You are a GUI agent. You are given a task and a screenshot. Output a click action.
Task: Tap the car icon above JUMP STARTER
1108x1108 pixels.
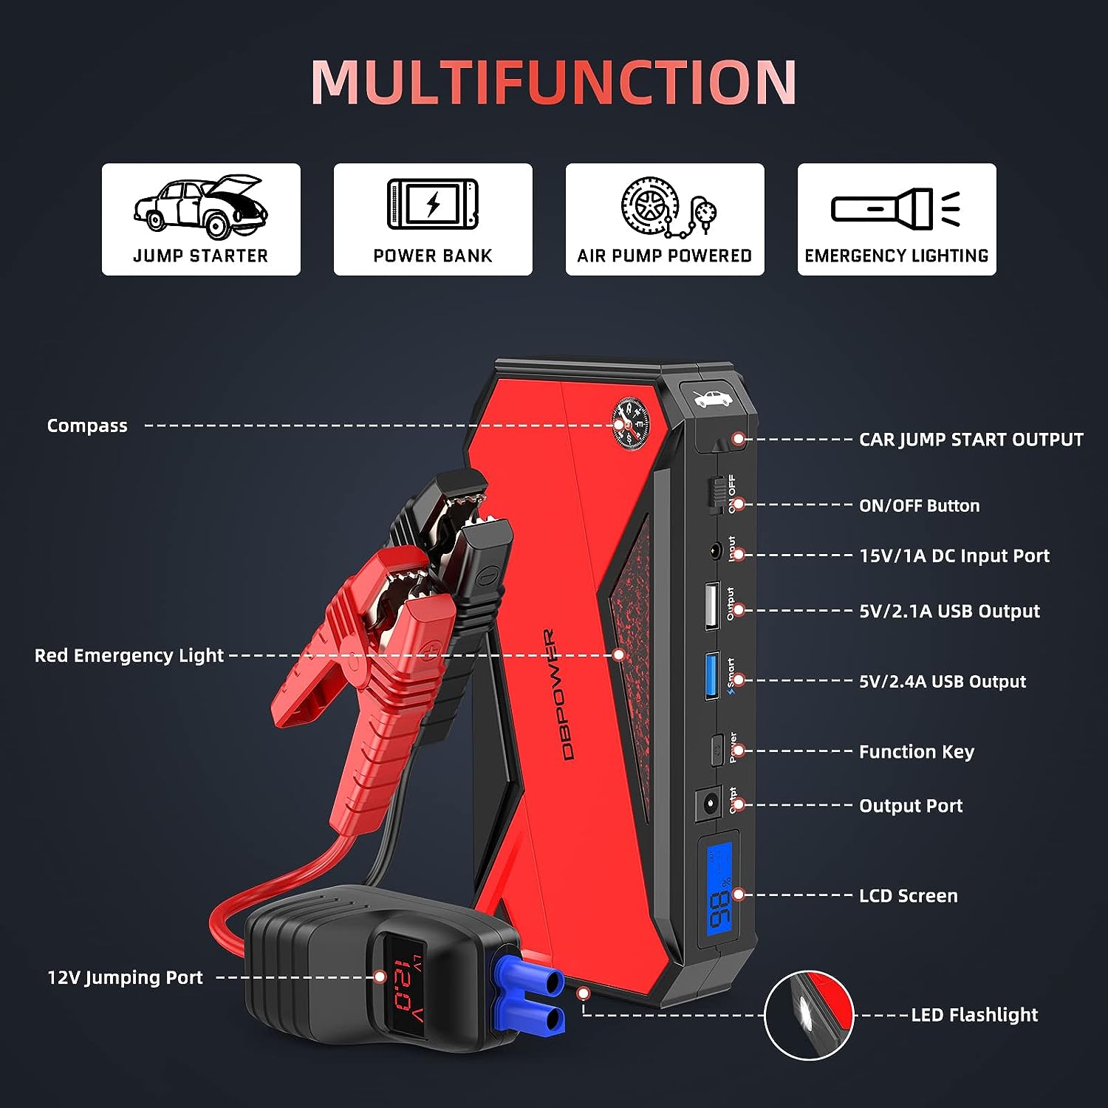201,206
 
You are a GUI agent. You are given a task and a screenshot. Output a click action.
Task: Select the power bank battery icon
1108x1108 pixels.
433,204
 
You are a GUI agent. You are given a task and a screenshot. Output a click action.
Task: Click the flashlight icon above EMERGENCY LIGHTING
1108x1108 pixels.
895,208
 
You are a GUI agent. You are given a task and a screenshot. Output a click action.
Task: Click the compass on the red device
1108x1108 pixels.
630,424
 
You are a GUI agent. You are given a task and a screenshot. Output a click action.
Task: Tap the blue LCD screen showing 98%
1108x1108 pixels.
719,889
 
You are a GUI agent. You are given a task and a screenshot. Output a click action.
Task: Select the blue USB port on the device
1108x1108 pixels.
711,675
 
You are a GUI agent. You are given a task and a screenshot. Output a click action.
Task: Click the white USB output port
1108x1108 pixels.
711,606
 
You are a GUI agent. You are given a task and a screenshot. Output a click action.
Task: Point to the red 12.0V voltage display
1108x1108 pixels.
406,985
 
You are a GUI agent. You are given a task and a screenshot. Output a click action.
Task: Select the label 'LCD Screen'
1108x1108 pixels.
908,895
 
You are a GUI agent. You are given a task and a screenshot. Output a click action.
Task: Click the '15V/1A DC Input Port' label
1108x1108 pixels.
954,555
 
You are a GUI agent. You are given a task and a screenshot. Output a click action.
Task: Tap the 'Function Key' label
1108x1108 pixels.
916,751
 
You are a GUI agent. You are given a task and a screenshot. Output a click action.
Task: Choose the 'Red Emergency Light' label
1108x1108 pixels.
129,655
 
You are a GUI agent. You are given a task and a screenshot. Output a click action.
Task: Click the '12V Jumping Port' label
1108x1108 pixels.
125,977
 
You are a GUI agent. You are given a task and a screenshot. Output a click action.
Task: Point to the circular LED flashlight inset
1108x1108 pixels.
809,1015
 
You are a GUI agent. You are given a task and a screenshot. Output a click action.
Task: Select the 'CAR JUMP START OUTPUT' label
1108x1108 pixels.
971,440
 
